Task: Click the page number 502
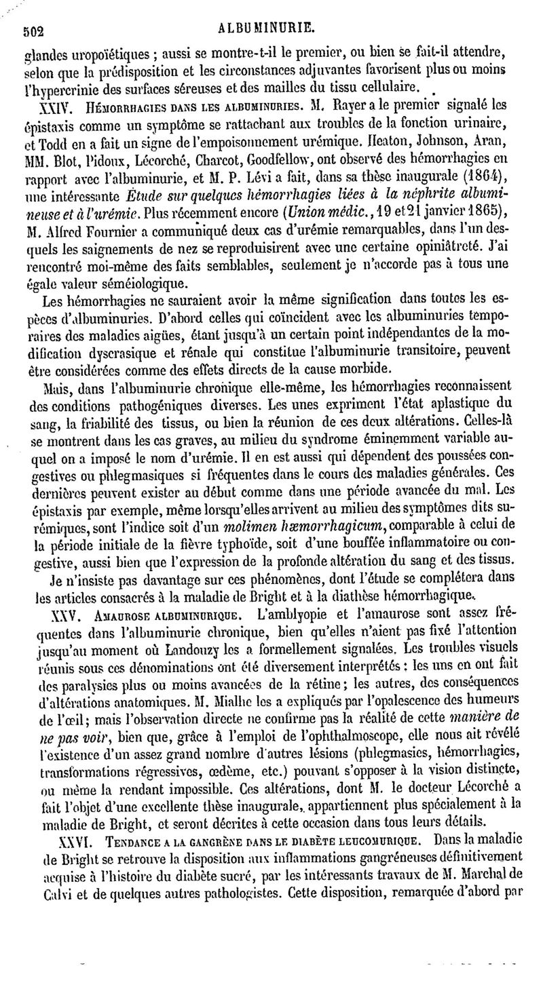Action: pos(34,29)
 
